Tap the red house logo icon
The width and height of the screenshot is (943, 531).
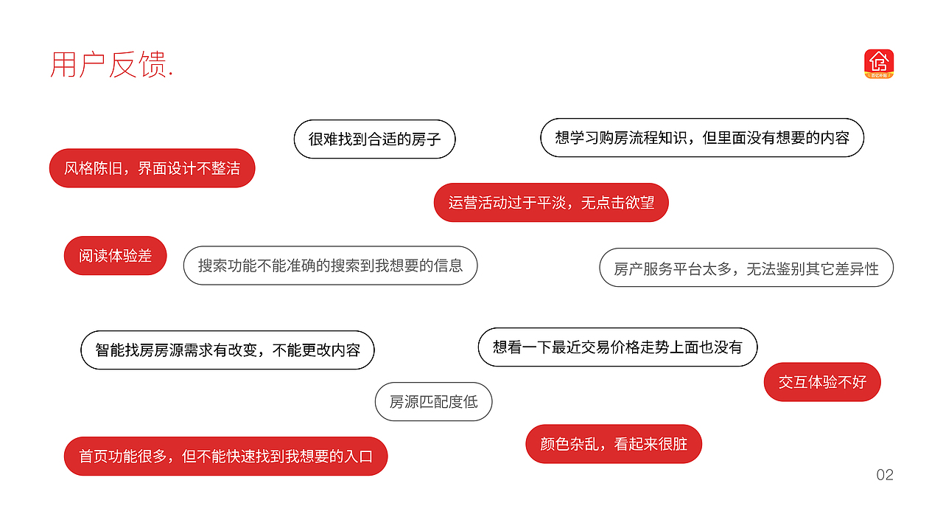[x=878, y=63]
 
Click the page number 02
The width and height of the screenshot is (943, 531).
[x=885, y=475]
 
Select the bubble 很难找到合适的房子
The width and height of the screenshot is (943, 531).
[x=374, y=139]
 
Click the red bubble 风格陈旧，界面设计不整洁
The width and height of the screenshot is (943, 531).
[x=152, y=168]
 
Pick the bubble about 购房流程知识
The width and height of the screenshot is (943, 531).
[x=701, y=138]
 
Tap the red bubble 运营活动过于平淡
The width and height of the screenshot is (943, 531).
[x=550, y=202]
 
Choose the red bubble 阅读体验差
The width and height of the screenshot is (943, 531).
[x=115, y=256]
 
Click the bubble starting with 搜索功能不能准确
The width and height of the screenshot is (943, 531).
[x=330, y=265]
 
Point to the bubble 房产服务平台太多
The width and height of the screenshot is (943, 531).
[x=746, y=268]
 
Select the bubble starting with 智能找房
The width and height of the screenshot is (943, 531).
[x=227, y=350]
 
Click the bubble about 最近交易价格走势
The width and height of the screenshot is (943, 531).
[x=617, y=347]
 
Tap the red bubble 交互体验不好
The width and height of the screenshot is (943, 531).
[x=822, y=382]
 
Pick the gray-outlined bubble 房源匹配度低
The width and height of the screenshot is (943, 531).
[x=433, y=402]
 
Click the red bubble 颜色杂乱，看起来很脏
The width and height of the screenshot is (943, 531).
[x=613, y=444]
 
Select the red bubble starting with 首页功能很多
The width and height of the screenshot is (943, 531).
[x=225, y=457]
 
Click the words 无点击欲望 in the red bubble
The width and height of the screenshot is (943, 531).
[x=617, y=202]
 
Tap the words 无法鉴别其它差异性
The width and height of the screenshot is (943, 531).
[x=813, y=268]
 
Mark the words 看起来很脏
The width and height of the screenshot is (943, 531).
[x=651, y=444]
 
